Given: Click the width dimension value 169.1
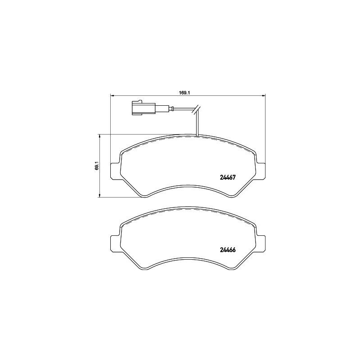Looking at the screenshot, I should coord(183,93).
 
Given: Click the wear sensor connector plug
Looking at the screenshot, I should coord(142,108).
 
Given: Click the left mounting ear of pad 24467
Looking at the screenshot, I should coord(114,170).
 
